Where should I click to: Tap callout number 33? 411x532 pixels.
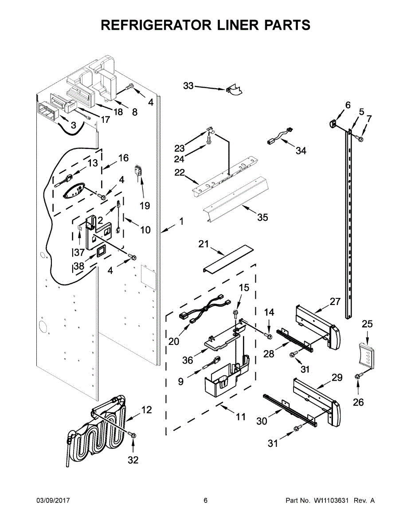click(188, 86)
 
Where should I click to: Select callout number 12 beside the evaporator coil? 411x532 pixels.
click(146, 410)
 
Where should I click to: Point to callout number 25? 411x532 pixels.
click(367, 324)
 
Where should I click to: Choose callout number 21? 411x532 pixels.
click(204, 244)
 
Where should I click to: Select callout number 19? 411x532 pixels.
click(145, 205)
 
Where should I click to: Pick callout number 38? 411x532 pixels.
click(79, 267)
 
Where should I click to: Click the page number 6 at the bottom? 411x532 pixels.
click(205, 501)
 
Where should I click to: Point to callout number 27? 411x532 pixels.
click(335, 302)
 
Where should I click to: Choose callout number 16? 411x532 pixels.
click(123, 158)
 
